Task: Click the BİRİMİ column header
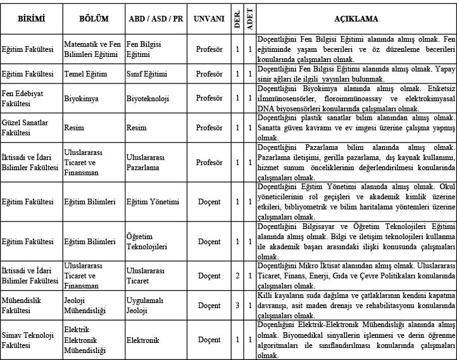pyautogui.click(x=31, y=19)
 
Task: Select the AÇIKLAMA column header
pyautogui.click(x=356, y=19)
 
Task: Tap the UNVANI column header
pyautogui.click(x=209, y=19)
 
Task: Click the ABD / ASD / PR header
pyautogui.click(x=155, y=19)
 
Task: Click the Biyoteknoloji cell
pyautogui.click(x=147, y=98)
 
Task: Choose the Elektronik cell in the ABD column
pyautogui.click(x=142, y=339)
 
